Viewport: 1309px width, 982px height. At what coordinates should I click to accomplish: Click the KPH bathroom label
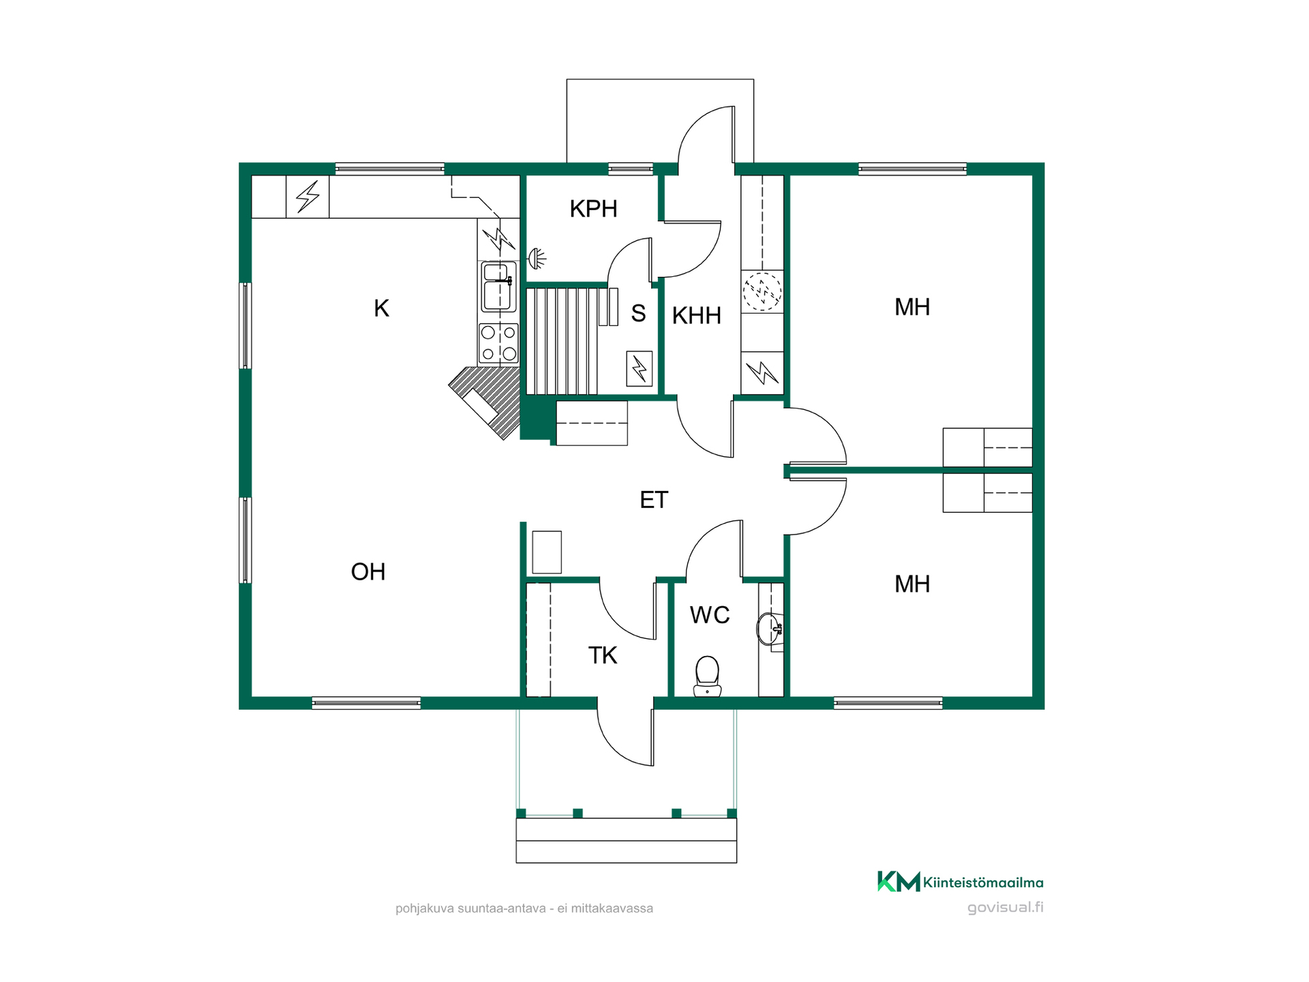tap(593, 209)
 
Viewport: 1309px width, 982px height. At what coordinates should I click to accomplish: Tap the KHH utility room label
tap(696, 316)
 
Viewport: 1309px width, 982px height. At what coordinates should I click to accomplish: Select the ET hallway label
tap(654, 500)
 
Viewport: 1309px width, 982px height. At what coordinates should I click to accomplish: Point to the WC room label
tap(710, 615)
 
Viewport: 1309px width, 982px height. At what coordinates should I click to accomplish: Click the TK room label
tap(603, 655)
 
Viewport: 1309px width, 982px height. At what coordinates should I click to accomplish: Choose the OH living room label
tap(368, 571)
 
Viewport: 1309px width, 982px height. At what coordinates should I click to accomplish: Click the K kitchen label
tap(381, 308)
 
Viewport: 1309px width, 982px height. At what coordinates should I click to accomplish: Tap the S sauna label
tap(638, 313)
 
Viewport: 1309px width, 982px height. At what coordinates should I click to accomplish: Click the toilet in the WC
tap(707, 676)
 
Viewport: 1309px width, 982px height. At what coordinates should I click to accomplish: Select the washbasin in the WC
tap(770, 628)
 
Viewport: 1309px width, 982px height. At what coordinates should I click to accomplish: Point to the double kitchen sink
tap(499, 286)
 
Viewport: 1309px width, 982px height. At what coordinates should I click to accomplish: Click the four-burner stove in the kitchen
tap(498, 343)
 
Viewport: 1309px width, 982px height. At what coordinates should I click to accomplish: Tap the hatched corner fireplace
tap(488, 402)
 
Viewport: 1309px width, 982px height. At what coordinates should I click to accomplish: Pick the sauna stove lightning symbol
tap(640, 369)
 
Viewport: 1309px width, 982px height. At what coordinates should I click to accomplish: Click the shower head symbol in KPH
tap(537, 258)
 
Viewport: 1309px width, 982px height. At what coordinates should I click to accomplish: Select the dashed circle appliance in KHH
tap(762, 291)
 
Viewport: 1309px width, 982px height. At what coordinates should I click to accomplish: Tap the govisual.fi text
tap(1006, 907)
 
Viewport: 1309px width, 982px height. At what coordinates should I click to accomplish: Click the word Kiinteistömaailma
tap(983, 882)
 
